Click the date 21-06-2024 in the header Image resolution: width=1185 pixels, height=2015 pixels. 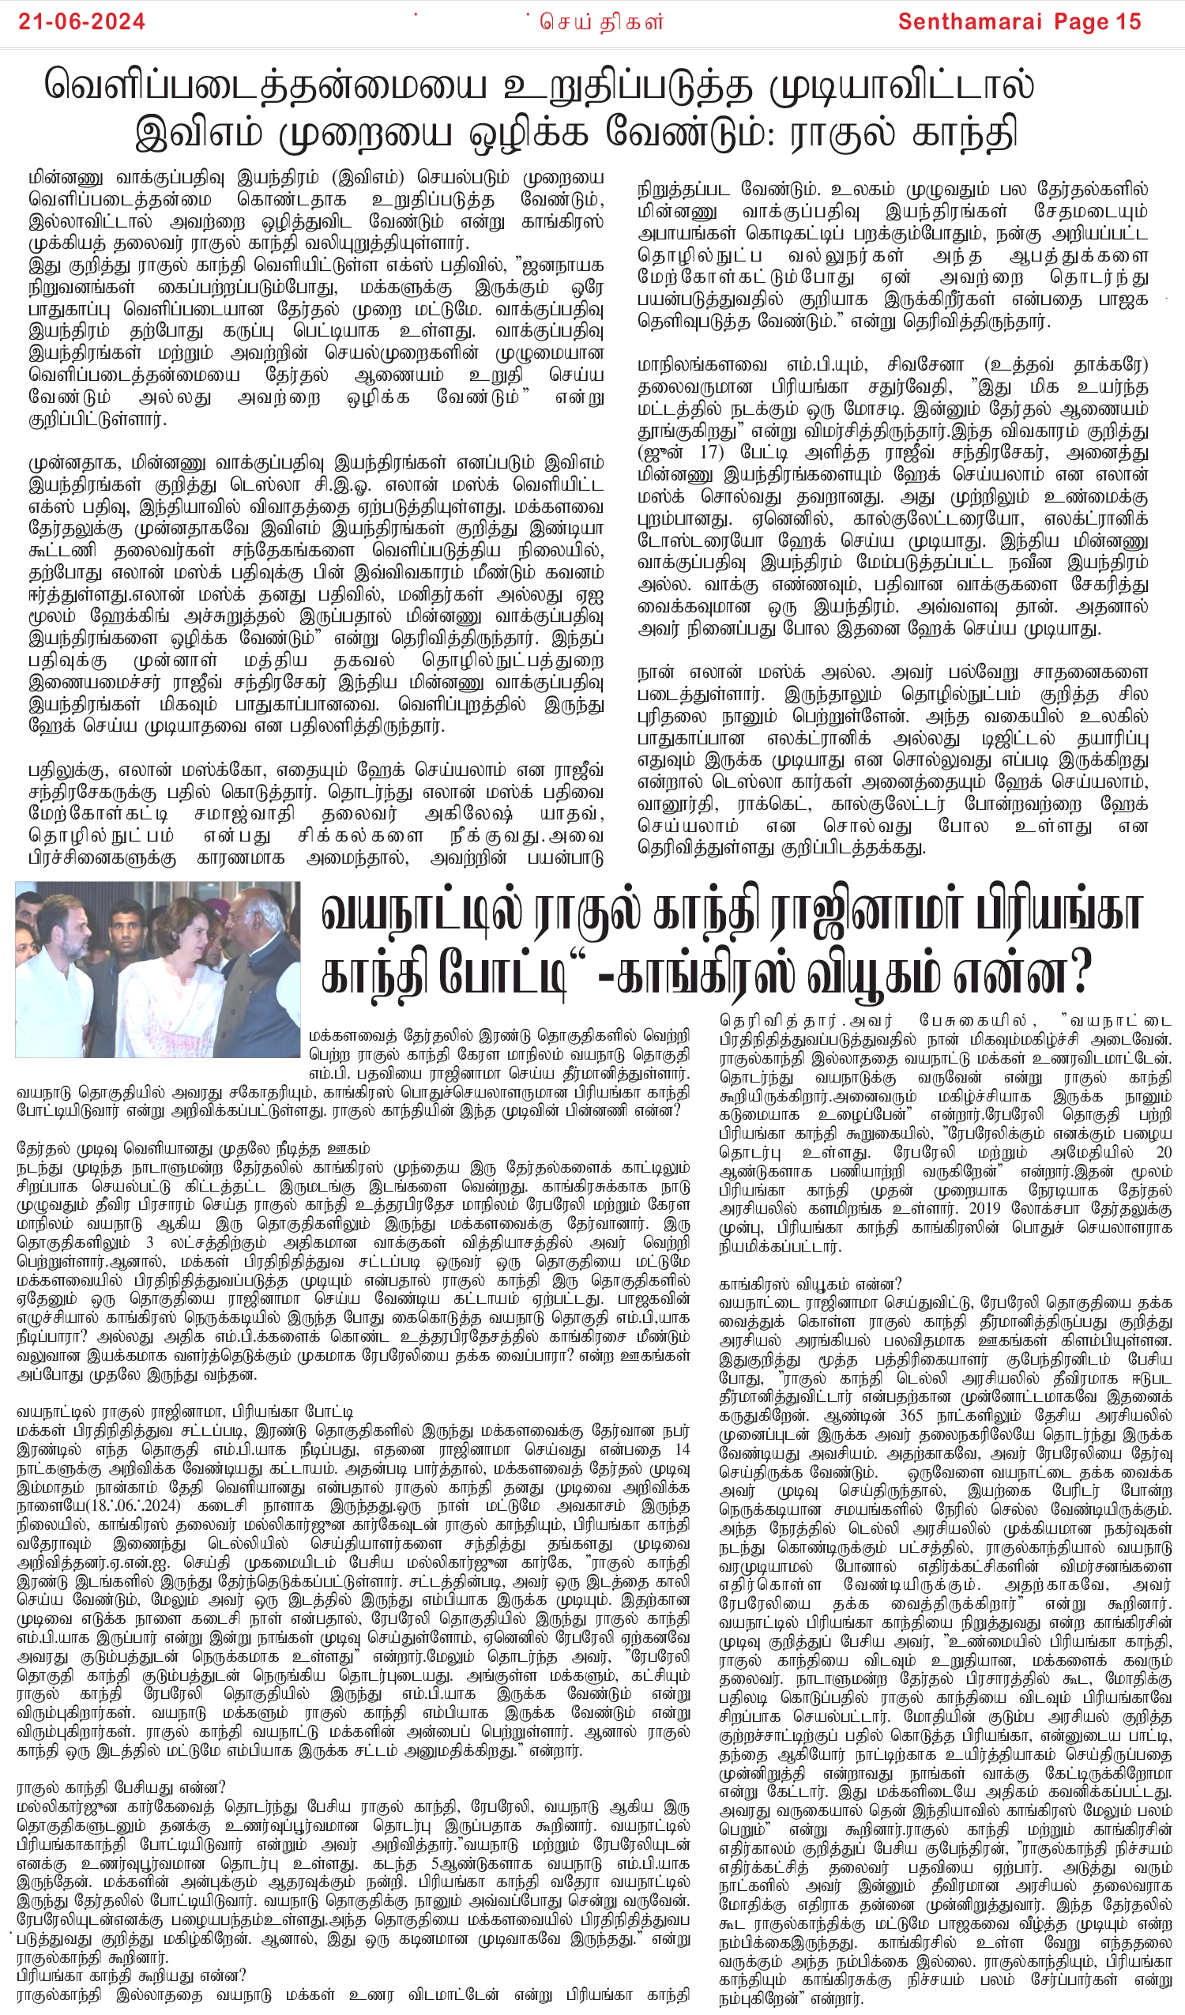click(81, 21)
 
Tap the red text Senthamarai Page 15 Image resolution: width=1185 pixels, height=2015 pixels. click(1018, 21)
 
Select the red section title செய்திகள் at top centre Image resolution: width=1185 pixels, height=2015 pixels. click(600, 21)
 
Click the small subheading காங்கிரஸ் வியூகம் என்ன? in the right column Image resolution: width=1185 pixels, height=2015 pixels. click(810, 1284)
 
